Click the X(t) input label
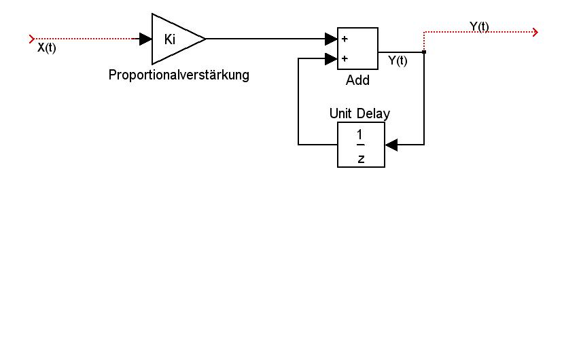pyautogui.click(x=46, y=48)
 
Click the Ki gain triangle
pyautogui.click(x=173, y=39)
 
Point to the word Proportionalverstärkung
pyautogui.click(x=179, y=75)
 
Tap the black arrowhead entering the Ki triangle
pyautogui.click(x=145, y=39)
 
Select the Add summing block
pyautogui.click(x=358, y=48)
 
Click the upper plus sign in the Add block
pyautogui.click(x=345, y=39)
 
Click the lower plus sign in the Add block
pyautogui.click(x=345, y=59)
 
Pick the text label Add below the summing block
pyautogui.click(x=357, y=80)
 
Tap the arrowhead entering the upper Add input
pyautogui.click(x=332, y=39)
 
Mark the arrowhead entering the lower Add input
pyautogui.click(x=332, y=59)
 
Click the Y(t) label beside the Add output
pyautogui.click(x=398, y=61)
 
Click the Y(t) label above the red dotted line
pyautogui.click(x=479, y=26)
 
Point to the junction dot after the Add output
pyautogui.click(x=424, y=52)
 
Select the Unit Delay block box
pyautogui.click(x=361, y=145)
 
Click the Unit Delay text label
pyautogui.click(x=359, y=113)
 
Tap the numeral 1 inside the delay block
pyautogui.click(x=361, y=134)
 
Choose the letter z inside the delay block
pyautogui.click(x=361, y=158)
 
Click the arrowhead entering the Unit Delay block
pyautogui.click(x=391, y=145)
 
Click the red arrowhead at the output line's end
pyautogui.click(x=535, y=31)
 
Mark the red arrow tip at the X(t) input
pyautogui.click(x=32, y=39)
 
